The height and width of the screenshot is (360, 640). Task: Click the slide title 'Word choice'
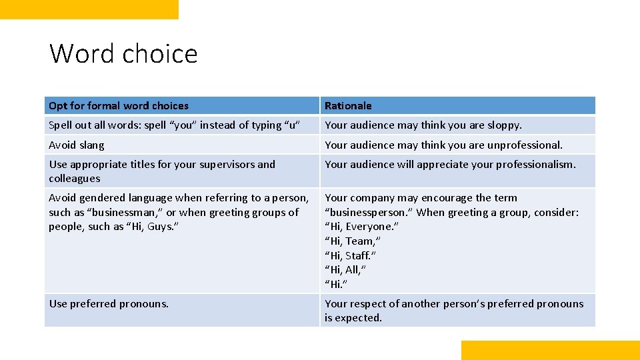coord(123,54)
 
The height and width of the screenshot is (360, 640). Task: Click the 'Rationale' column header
coord(348,106)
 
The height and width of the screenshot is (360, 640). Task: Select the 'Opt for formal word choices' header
coord(119,106)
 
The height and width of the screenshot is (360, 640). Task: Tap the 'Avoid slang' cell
coord(77,145)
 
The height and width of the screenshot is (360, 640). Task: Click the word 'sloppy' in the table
coord(503,125)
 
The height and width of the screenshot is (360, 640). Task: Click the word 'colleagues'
coord(75,179)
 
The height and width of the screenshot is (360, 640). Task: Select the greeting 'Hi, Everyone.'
coord(361,227)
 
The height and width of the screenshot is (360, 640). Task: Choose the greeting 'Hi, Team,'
coord(353,241)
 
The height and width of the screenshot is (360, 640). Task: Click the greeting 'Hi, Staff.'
coord(351,255)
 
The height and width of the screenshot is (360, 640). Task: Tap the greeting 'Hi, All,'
coord(345,270)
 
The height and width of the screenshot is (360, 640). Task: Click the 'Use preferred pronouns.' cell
coord(109,304)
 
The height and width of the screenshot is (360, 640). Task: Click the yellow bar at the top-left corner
coord(89,9)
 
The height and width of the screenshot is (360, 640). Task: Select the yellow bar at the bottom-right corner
coord(550,350)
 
